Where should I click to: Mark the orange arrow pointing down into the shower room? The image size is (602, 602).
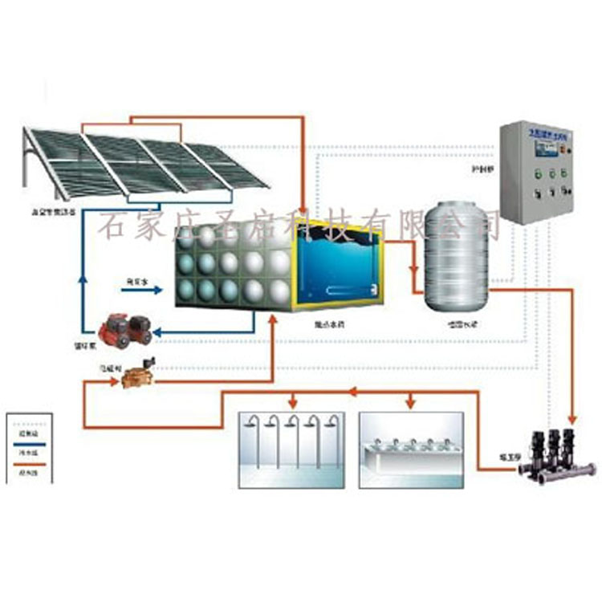point(293,399)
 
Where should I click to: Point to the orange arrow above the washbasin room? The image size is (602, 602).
point(411,399)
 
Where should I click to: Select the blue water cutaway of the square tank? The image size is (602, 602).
point(336,265)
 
